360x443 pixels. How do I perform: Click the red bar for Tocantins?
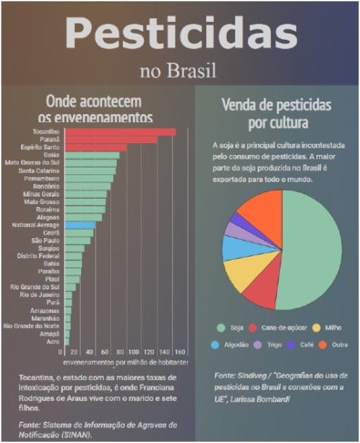coord(118,131)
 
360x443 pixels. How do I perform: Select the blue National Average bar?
coord(78,224)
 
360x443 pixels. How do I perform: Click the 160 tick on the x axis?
coord(180,351)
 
